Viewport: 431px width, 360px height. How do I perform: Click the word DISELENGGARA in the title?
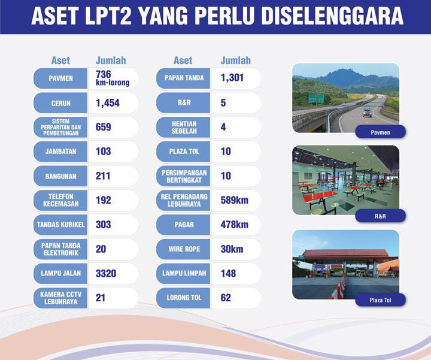[x=332, y=16]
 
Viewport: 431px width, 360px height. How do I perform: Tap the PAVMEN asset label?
[x=60, y=78]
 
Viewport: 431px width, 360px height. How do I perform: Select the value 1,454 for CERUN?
[x=108, y=103]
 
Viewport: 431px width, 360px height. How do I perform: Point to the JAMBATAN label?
[x=60, y=152]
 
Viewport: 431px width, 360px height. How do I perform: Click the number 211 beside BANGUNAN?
[x=103, y=176]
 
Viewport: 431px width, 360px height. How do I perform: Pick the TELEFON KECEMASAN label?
[x=60, y=200]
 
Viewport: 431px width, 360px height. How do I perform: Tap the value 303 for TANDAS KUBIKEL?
[x=104, y=225]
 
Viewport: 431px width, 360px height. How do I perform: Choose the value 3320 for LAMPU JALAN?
[x=106, y=273]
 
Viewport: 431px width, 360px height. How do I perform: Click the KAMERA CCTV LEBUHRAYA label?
[x=60, y=298]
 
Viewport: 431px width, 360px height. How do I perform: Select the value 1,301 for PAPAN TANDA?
[x=232, y=77]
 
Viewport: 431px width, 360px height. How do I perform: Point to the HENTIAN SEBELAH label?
[x=184, y=128]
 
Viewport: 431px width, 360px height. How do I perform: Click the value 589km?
[x=235, y=200]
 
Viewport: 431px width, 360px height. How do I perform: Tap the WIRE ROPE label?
[x=184, y=249]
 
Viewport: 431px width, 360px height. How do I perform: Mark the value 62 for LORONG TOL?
[x=226, y=298]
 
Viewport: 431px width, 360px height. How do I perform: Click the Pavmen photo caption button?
[x=381, y=132]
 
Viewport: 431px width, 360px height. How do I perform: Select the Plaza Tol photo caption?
[x=381, y=300]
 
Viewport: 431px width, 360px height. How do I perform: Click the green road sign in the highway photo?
[x=316, y=98]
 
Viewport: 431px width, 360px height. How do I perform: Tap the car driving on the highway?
[x=367, y=113]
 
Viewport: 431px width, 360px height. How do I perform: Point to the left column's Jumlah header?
[x=111, y=60]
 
